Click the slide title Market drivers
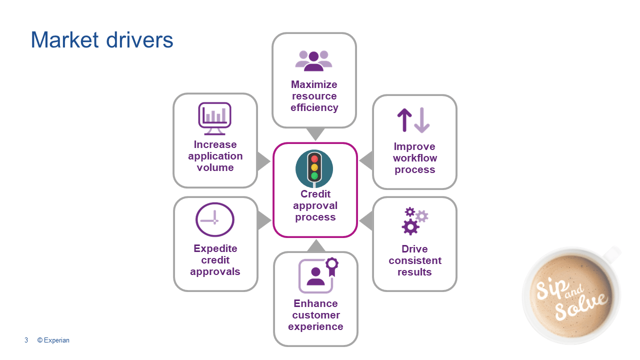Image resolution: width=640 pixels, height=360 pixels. click(x=102, y=40)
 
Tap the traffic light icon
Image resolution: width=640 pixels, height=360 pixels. click(x=314, y=167)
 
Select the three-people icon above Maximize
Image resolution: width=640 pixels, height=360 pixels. click(x=313, y=60)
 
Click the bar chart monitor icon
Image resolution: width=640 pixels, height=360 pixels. click(x=214, y=118)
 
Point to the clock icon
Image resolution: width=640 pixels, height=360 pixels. click(x=215, y=219)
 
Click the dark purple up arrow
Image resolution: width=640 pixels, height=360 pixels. click(x=404, y=120)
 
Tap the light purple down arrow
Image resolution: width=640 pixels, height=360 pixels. click(x=422, y=120)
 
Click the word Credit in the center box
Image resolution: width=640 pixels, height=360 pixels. click(x=315, y=194)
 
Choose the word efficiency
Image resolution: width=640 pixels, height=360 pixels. click(x=314, y=107)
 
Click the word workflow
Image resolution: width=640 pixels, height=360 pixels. click(x=415, y=158)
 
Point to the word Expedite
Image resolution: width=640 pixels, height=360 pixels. click(x=215, y=248)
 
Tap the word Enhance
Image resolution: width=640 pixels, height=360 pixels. click(x=315, y=303)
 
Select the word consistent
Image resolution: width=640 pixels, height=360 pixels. click(x=415, y=260)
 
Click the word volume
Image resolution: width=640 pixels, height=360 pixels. click(x=215, y=167)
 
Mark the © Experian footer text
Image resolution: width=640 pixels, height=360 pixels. click(x=53, y=340)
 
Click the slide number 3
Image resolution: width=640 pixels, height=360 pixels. click(x=26, y=340)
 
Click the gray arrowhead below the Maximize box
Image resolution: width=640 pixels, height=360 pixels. click(x=315, y=133)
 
